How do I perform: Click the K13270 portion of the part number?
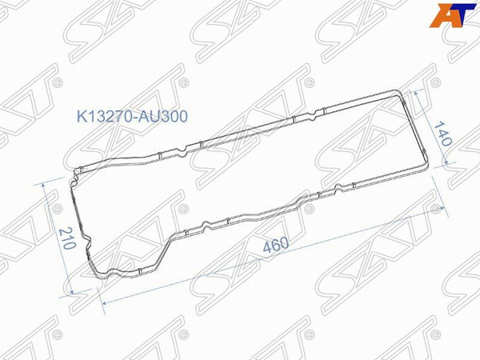(x=105, y=117)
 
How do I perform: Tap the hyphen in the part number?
(x=135, y=118)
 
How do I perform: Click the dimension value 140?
(x=443, y=134)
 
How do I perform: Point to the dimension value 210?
(x=67, y=238)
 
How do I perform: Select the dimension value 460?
(x=276, y=245)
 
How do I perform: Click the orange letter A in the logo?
(x=442, y=15)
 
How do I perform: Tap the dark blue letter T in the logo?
(x=463, y=14)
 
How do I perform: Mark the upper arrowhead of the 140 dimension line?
(x=416, y=94)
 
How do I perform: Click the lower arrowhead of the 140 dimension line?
(x=446, y=162)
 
